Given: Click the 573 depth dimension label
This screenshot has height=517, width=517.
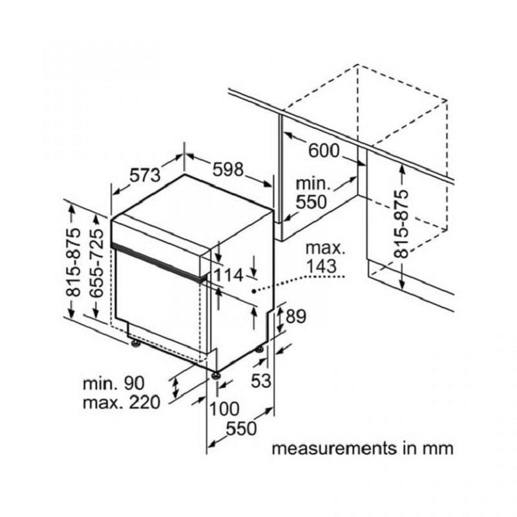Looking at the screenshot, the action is tap(145, 175).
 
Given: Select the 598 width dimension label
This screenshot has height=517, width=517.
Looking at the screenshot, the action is tap(228, 170).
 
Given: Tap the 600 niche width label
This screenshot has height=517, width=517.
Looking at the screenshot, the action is tap(324, 151).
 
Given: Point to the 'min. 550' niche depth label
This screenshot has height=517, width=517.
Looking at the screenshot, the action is tap(312, 193).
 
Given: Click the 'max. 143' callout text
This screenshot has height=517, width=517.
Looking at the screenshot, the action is tap(325, 257).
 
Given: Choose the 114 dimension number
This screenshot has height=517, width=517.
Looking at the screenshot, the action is tap(228, 275).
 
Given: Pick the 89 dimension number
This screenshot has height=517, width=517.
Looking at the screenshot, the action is tap(296, 317).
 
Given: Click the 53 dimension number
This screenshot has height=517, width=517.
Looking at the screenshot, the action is tap(261, 381).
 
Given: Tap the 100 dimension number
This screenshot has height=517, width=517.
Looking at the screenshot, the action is tap(224, 409).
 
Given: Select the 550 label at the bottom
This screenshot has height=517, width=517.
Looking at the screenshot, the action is tap(241, 429).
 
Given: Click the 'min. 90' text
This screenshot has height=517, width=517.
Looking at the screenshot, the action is tap(114, 383).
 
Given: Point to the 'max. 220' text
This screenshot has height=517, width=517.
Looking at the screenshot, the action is tap(121, 403).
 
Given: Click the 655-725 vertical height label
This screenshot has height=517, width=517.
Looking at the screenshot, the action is tap(96, 264).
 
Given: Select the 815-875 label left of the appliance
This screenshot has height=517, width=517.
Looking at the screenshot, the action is tap(73, 262).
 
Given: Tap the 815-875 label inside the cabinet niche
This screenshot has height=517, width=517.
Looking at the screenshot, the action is tap(401, 224).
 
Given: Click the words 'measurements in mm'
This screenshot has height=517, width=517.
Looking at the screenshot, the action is tap(363, 448).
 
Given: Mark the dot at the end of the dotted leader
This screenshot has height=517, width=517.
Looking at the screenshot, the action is tap(253, 291).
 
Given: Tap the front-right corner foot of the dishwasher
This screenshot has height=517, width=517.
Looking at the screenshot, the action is tap(216, 375).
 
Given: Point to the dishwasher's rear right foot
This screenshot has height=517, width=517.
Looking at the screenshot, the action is tap(260, 348).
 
